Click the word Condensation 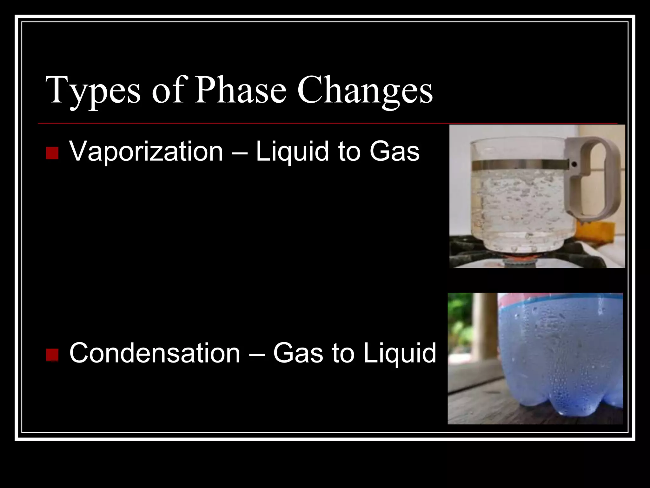click(x=155, y=353)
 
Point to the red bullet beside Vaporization click(x=52, y=153)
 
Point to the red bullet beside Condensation click(x=52, y=355)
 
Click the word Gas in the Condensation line click(x=298, y=353)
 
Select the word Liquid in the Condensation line click(x=400, y=353)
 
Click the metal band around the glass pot click(x=521, y=165)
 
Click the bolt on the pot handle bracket click(x=574, y=165)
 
